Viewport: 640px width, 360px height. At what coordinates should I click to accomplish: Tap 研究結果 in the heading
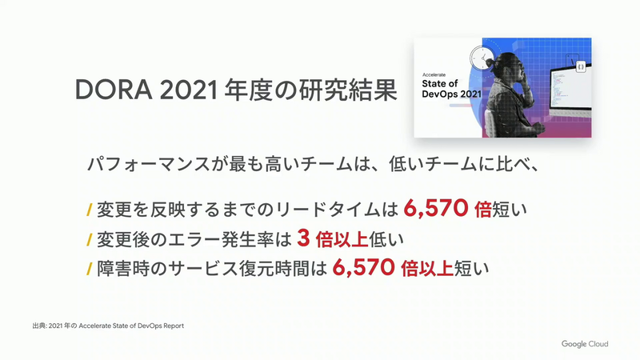point(350,89)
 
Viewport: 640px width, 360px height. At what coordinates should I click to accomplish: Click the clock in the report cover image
point(482,58)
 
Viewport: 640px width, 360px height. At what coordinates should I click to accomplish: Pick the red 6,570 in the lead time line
point(436,210)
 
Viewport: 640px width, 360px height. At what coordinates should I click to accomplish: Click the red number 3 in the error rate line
point(302,239)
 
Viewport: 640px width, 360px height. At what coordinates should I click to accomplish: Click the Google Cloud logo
point(584,344)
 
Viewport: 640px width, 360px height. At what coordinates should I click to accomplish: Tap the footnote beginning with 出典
point(109,326)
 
